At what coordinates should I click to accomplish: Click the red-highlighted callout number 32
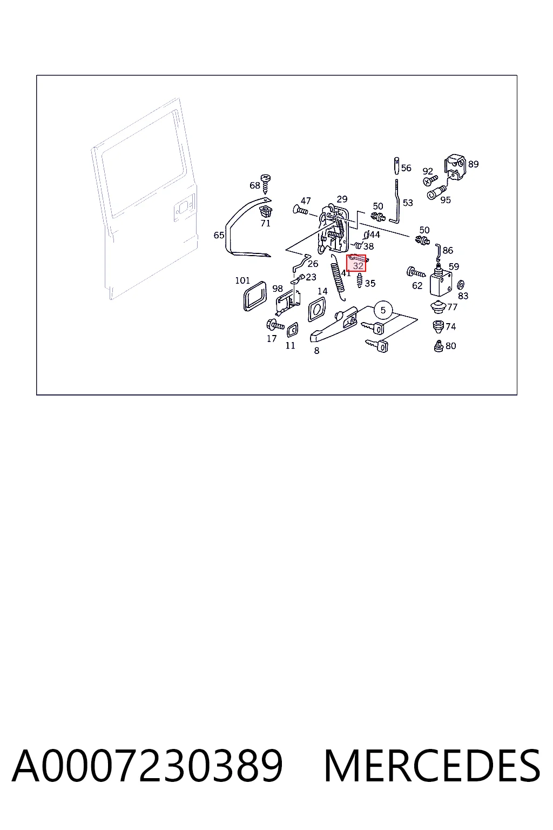[358, 266]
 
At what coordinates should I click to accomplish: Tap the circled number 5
[383, 310]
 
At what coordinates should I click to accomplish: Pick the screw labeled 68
[266, 183]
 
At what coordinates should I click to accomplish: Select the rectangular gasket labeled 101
[254, 296]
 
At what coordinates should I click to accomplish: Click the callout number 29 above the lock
[342, 199]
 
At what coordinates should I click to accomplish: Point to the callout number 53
[407, 203]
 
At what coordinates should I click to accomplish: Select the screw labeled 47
[300, 210]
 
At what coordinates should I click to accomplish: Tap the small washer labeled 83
[461, 285]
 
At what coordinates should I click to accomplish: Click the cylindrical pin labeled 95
[436, 192]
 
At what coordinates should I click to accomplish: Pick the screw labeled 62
[416, 273]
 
